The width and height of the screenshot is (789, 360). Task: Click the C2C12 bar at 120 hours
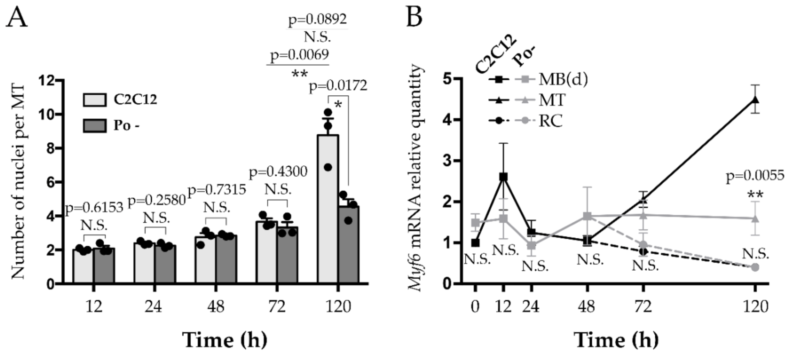click(328, 211)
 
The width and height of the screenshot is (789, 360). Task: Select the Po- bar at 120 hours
click(349, 245)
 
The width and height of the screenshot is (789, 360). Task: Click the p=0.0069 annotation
click(299, 55)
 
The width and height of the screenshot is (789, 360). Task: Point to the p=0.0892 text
click(318, 19)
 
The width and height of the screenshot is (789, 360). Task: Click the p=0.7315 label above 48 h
click(217, 190)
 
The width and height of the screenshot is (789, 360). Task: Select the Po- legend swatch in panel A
click(95, 125)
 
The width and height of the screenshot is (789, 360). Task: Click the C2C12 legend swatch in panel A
click(95, 100)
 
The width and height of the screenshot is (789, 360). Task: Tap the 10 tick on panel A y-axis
click(46, 115)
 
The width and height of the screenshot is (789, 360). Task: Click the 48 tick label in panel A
click(216, 306)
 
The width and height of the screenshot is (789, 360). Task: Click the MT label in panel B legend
click(552, 100)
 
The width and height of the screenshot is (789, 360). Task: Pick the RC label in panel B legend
click(551, 121)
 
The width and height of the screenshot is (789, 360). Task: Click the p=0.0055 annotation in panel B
click(755, 176)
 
